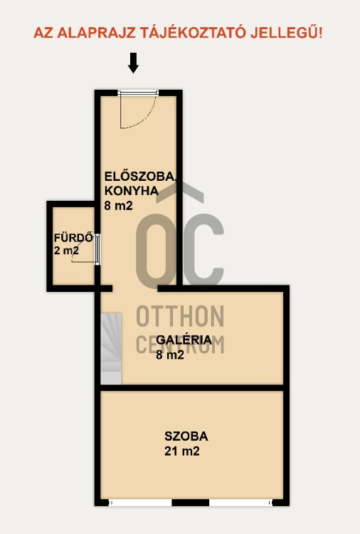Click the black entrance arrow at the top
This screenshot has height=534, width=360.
[133, 63]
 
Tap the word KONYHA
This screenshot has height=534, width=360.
[130, 190]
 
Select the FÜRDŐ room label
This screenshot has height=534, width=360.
[73, 238]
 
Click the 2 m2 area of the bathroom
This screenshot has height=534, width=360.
[66, 251]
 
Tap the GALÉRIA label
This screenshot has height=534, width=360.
[184, 340]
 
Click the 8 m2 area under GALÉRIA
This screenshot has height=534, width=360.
[170, 355]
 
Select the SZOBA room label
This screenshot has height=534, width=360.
[186, 436]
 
